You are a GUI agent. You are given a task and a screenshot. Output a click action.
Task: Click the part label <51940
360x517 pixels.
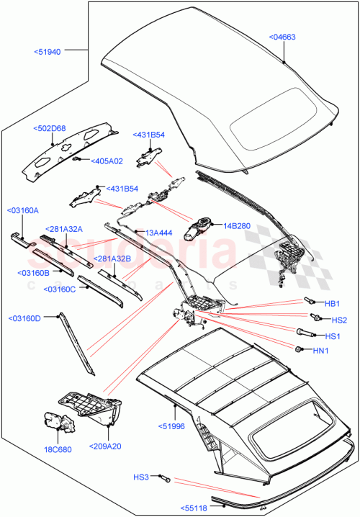pos(47,51)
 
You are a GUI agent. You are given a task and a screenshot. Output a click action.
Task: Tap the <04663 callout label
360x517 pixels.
pos(282,37)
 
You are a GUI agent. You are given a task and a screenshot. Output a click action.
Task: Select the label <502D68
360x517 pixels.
pos(49,129)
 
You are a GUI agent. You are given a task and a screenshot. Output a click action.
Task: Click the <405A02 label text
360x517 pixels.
pos(107,161)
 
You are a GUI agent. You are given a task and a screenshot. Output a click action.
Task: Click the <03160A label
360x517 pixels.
pos(23,210)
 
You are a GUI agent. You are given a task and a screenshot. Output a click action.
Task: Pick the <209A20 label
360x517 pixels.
pos(107,446)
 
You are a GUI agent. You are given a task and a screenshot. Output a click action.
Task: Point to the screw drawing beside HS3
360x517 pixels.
pos(163,476)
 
